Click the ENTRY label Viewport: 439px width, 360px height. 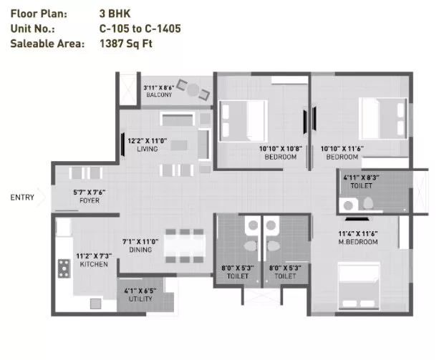22,198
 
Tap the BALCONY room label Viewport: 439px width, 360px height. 159,94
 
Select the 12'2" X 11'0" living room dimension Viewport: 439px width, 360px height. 148,141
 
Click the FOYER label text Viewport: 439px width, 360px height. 90,200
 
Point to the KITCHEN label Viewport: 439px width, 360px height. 94,264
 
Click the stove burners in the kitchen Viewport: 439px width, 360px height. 64,268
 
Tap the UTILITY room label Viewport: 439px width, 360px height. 140,299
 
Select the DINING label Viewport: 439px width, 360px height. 140,250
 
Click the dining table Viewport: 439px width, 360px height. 185,246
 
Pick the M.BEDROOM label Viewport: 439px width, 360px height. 358,242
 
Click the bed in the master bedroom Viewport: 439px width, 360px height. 359,286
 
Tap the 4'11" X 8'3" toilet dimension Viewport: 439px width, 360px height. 361,178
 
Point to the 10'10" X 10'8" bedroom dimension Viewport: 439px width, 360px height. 281,149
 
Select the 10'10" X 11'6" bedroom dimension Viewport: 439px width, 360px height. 342,149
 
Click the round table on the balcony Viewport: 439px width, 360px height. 193,89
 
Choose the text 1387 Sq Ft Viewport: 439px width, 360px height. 126,44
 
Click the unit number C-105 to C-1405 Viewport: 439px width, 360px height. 140,29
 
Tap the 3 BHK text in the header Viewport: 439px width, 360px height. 115,14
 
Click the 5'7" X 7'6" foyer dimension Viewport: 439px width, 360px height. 90,193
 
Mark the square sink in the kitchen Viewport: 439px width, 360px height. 95,303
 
